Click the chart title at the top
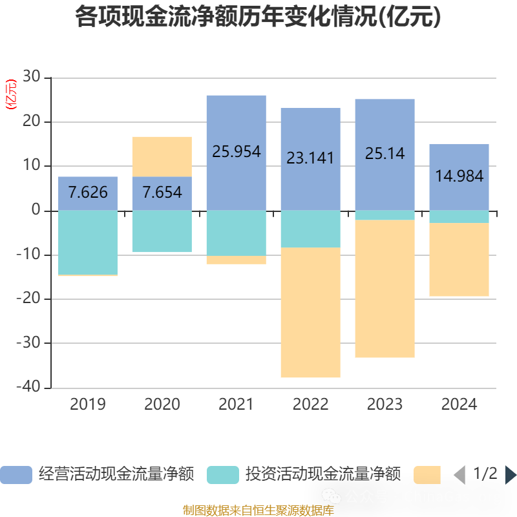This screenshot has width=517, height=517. [x=258, y=17]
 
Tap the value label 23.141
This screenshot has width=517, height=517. [x=310, y=158]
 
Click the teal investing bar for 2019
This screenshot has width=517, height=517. [x=88, y=242]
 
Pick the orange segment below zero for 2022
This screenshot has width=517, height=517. [x=310, y=313]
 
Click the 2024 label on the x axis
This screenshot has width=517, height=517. [x=459, y=405]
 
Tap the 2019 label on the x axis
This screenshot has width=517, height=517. [x=88, y=405]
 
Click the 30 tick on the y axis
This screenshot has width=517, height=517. [x=32, y=78]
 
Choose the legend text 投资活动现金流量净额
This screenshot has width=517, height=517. [x=322, y=474]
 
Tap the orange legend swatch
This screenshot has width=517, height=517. [x=427, y=475]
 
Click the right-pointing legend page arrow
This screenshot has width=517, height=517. [x=511, y=475]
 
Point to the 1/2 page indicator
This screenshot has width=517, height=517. [x=485, y=474]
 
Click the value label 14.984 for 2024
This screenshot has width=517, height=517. [x=459, y=176]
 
